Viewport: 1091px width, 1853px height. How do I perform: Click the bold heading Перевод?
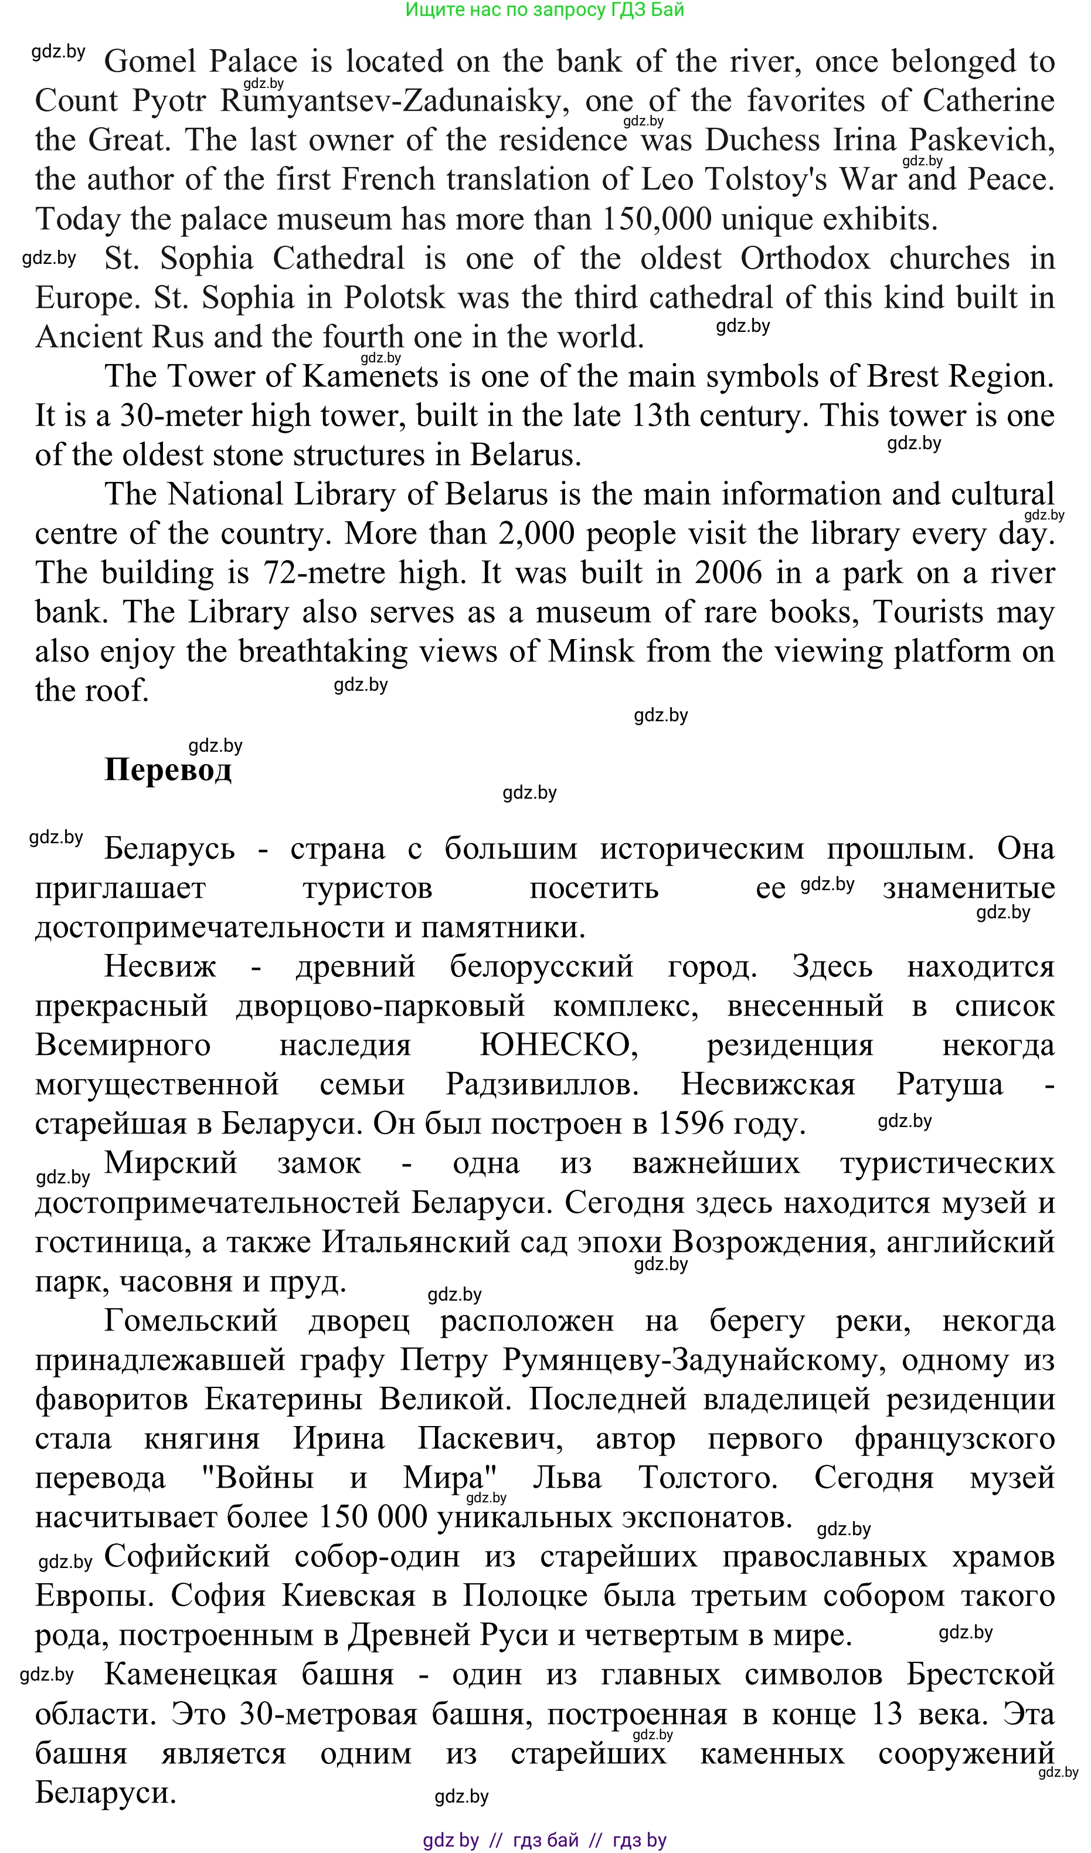tap(168, 771)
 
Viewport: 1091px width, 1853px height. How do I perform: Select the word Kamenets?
tap(371, 376)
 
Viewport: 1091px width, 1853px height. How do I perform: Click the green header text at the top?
tap(545, 9)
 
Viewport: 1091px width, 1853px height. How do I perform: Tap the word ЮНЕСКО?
tap(558, 1046)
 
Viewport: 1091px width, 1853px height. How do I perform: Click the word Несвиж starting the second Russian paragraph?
tap(160, 967)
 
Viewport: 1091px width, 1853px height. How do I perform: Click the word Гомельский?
tap(191, 1321)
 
